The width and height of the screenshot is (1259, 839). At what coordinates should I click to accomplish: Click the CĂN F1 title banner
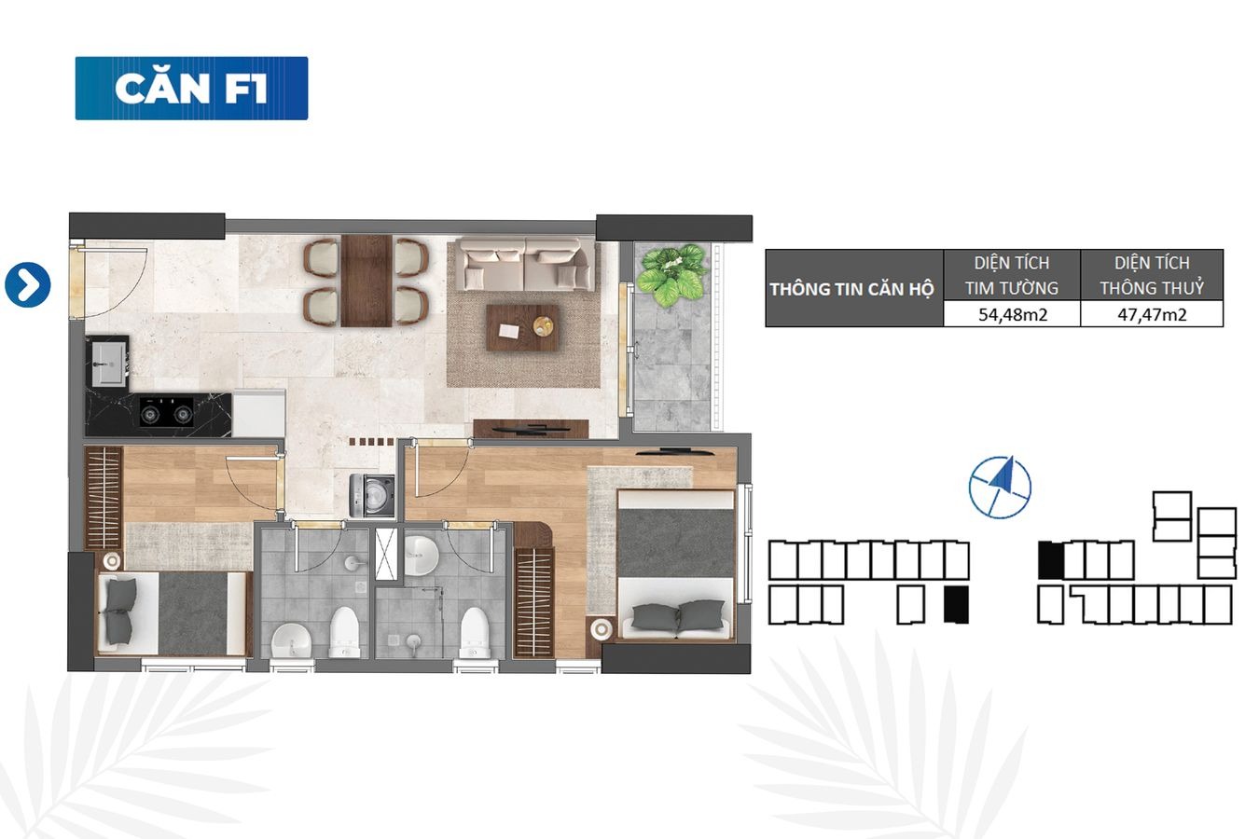click(x=192, y=89)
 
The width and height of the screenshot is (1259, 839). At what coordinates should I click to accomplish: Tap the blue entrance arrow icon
click(x=28, y=285)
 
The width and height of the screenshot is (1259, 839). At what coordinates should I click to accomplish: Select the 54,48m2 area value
click(x=1013, y=314)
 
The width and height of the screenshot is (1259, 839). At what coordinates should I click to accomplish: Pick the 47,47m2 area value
click(x=1152, y=314)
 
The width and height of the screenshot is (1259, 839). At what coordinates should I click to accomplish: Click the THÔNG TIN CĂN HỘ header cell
click(x=852, y=289)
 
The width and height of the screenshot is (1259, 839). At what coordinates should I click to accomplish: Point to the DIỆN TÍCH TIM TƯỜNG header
click(x=1012, y=275)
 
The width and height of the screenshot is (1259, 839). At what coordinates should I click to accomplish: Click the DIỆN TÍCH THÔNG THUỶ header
click(x=1152, y=275)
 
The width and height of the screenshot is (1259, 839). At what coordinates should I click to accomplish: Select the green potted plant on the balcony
click(x=672, y=275)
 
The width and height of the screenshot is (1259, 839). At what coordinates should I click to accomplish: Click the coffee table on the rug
click(x=522, y=328)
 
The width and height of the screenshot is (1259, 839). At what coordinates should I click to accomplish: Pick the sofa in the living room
click(x=525, y=264)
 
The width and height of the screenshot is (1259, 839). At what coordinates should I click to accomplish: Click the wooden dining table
click(x=367, y=281)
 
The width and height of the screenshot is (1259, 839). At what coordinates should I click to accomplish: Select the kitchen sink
click(x=107, y=363)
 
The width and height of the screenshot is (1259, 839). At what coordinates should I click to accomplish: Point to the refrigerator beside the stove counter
click(x=258, y=413)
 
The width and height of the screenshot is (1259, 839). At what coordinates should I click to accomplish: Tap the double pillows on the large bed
click(x=678, y=616)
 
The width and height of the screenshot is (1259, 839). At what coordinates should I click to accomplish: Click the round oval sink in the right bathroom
click(x=421, y=556)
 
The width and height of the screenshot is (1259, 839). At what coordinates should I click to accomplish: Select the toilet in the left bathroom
click(x=344, y=631)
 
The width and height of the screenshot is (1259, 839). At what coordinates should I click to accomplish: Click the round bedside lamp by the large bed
click(x=601, y=629)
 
